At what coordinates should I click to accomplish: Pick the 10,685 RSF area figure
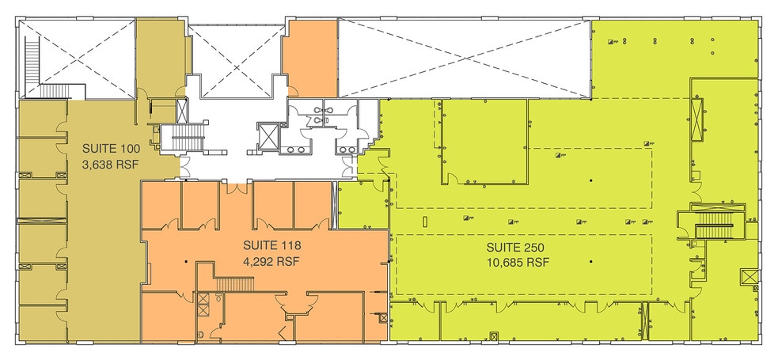pos(517,262)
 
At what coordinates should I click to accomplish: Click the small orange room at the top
pos(309,59)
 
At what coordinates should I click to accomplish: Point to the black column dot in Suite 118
pos(186,260)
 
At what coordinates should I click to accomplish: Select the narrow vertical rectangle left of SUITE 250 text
pos(425,220)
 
